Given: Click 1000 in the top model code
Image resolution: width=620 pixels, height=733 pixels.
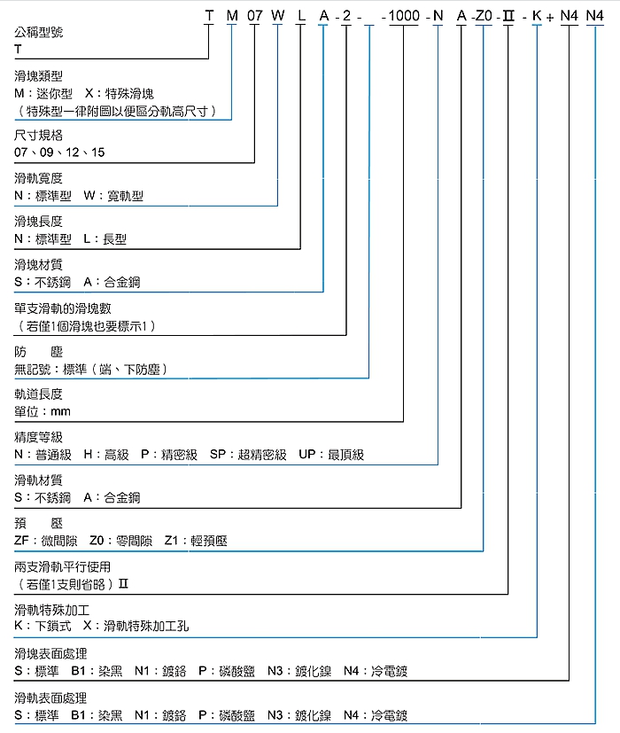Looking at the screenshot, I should tap(405, 15).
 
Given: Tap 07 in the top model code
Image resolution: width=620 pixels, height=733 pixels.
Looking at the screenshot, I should tap(254, 15).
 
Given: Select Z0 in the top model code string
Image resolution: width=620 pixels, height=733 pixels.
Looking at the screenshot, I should tap(484, 15).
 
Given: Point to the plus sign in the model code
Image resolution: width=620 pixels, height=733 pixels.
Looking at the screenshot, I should tap(551, 16).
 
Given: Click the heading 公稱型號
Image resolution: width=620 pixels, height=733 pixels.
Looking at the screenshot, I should tap(38, 33).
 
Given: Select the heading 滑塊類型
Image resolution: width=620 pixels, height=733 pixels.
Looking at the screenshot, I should tap(38, 77).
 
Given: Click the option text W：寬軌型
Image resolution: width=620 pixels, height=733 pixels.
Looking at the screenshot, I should tap(113, 196).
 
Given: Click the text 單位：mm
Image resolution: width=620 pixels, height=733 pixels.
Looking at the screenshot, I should tap(43, 411).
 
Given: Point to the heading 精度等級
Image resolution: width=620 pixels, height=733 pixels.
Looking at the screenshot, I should tap(38, 438).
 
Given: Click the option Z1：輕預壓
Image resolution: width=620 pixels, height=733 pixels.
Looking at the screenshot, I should tap(196, 541).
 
